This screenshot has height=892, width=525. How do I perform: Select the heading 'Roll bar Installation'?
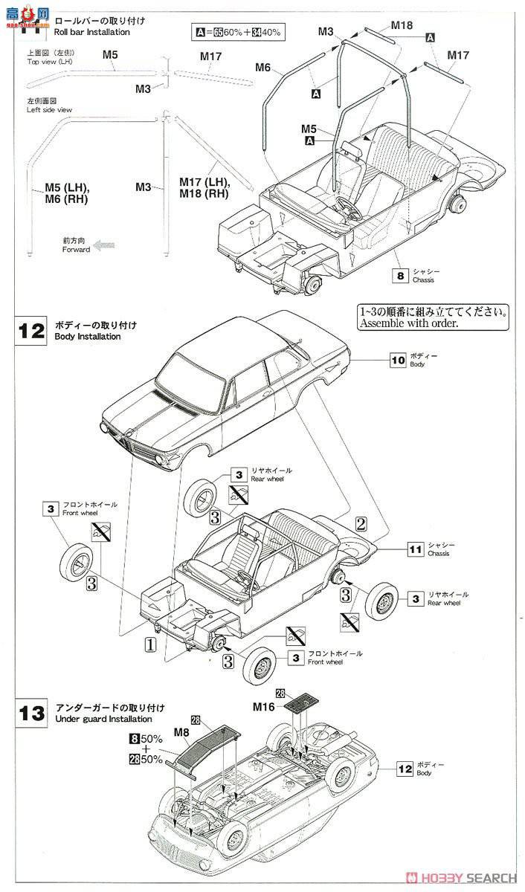93,32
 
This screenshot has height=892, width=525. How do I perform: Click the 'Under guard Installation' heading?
103,719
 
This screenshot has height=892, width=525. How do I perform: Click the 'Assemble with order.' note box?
432,318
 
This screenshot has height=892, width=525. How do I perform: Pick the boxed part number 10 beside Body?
399,361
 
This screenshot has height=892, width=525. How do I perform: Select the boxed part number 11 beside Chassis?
416,550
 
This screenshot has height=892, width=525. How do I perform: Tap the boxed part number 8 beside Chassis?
401,276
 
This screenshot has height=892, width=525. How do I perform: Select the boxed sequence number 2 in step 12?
361,523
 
